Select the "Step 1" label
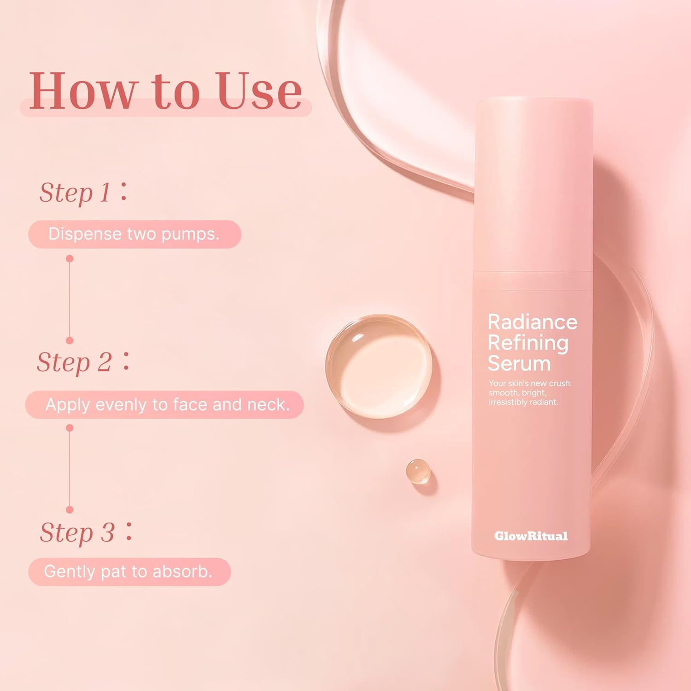[75, 193]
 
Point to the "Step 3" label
[77, 533]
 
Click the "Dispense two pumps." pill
[134, 234]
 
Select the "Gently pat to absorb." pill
[129, 572]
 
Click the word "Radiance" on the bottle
[532, 322]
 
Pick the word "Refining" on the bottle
[528, 343]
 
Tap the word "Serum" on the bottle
[519, 363]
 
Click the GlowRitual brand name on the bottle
[531, 536]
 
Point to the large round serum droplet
[379, 366]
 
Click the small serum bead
[418, 471]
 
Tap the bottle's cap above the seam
[533, 184]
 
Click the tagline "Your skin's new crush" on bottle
[530, 383]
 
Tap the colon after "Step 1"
[123, 192]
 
